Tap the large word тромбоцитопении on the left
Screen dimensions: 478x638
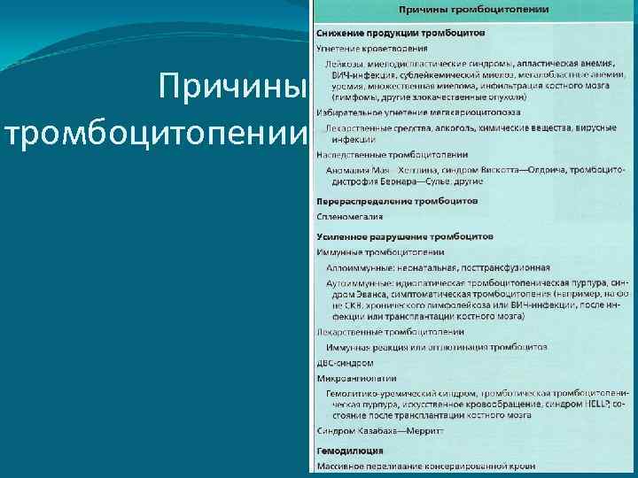(156, 133)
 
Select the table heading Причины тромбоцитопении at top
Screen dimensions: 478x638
(473, 9)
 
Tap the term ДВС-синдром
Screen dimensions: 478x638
(345, 363)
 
